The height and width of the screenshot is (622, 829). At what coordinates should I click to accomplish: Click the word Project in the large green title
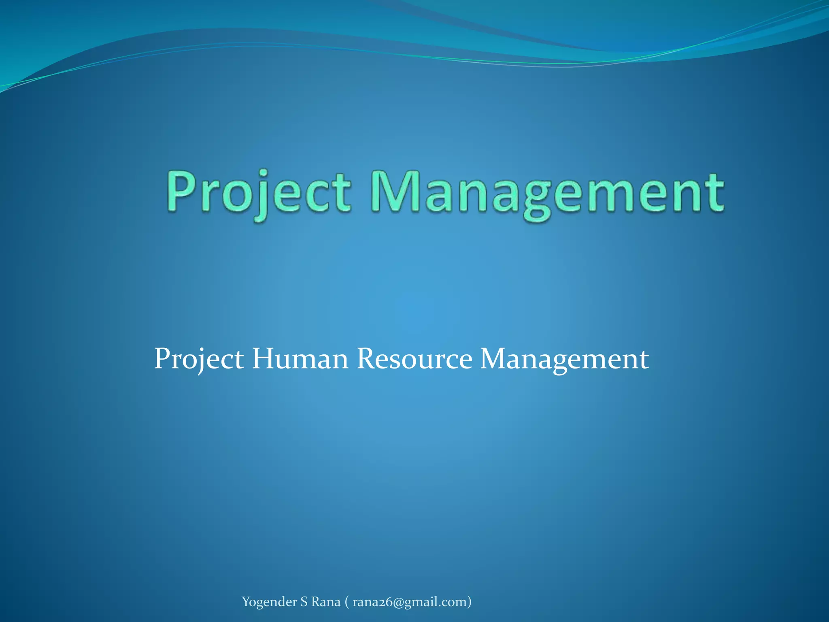(x=259, y=192)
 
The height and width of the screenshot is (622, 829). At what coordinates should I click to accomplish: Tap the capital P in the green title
(x=182, y=190)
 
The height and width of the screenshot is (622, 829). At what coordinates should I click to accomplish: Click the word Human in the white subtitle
(x=300, y=359)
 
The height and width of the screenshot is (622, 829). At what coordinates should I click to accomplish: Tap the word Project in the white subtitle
(x=199, y=360)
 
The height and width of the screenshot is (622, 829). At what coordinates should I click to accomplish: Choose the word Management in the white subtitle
(x=564, y=360)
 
